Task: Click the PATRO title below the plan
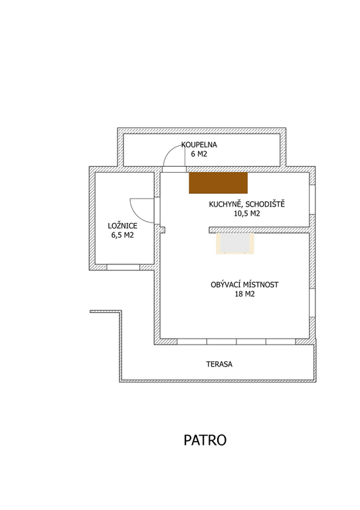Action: point(205,440)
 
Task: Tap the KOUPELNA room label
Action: point(199,145)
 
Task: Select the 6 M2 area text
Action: point(199,154)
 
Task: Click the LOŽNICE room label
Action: point(123,226)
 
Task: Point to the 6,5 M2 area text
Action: point(123,235)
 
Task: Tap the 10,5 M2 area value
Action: point(247,214)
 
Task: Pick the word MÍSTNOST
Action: point(261,285)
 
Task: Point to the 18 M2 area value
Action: point(244,294)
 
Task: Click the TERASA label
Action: point(219,364)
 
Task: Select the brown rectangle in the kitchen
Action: point(219,183)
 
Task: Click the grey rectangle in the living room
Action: point(234,243)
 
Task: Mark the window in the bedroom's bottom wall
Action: point(124,268)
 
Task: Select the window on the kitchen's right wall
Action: point(312,200)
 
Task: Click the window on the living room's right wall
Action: point(312,303)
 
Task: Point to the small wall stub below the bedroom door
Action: point(162,229)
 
